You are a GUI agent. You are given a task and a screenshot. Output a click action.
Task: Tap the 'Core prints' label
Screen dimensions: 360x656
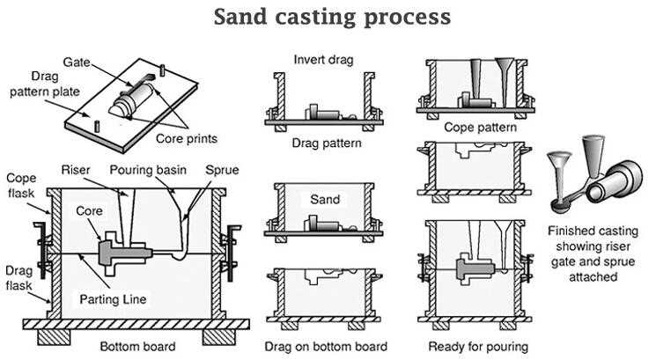(187, 139)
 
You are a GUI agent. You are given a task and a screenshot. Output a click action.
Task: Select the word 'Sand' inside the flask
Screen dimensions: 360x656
(326, 200)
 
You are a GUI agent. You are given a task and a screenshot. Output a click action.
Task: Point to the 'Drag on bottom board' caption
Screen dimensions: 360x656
(327, 346)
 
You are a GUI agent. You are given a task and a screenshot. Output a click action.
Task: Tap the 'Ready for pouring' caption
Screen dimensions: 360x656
(479, 346)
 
